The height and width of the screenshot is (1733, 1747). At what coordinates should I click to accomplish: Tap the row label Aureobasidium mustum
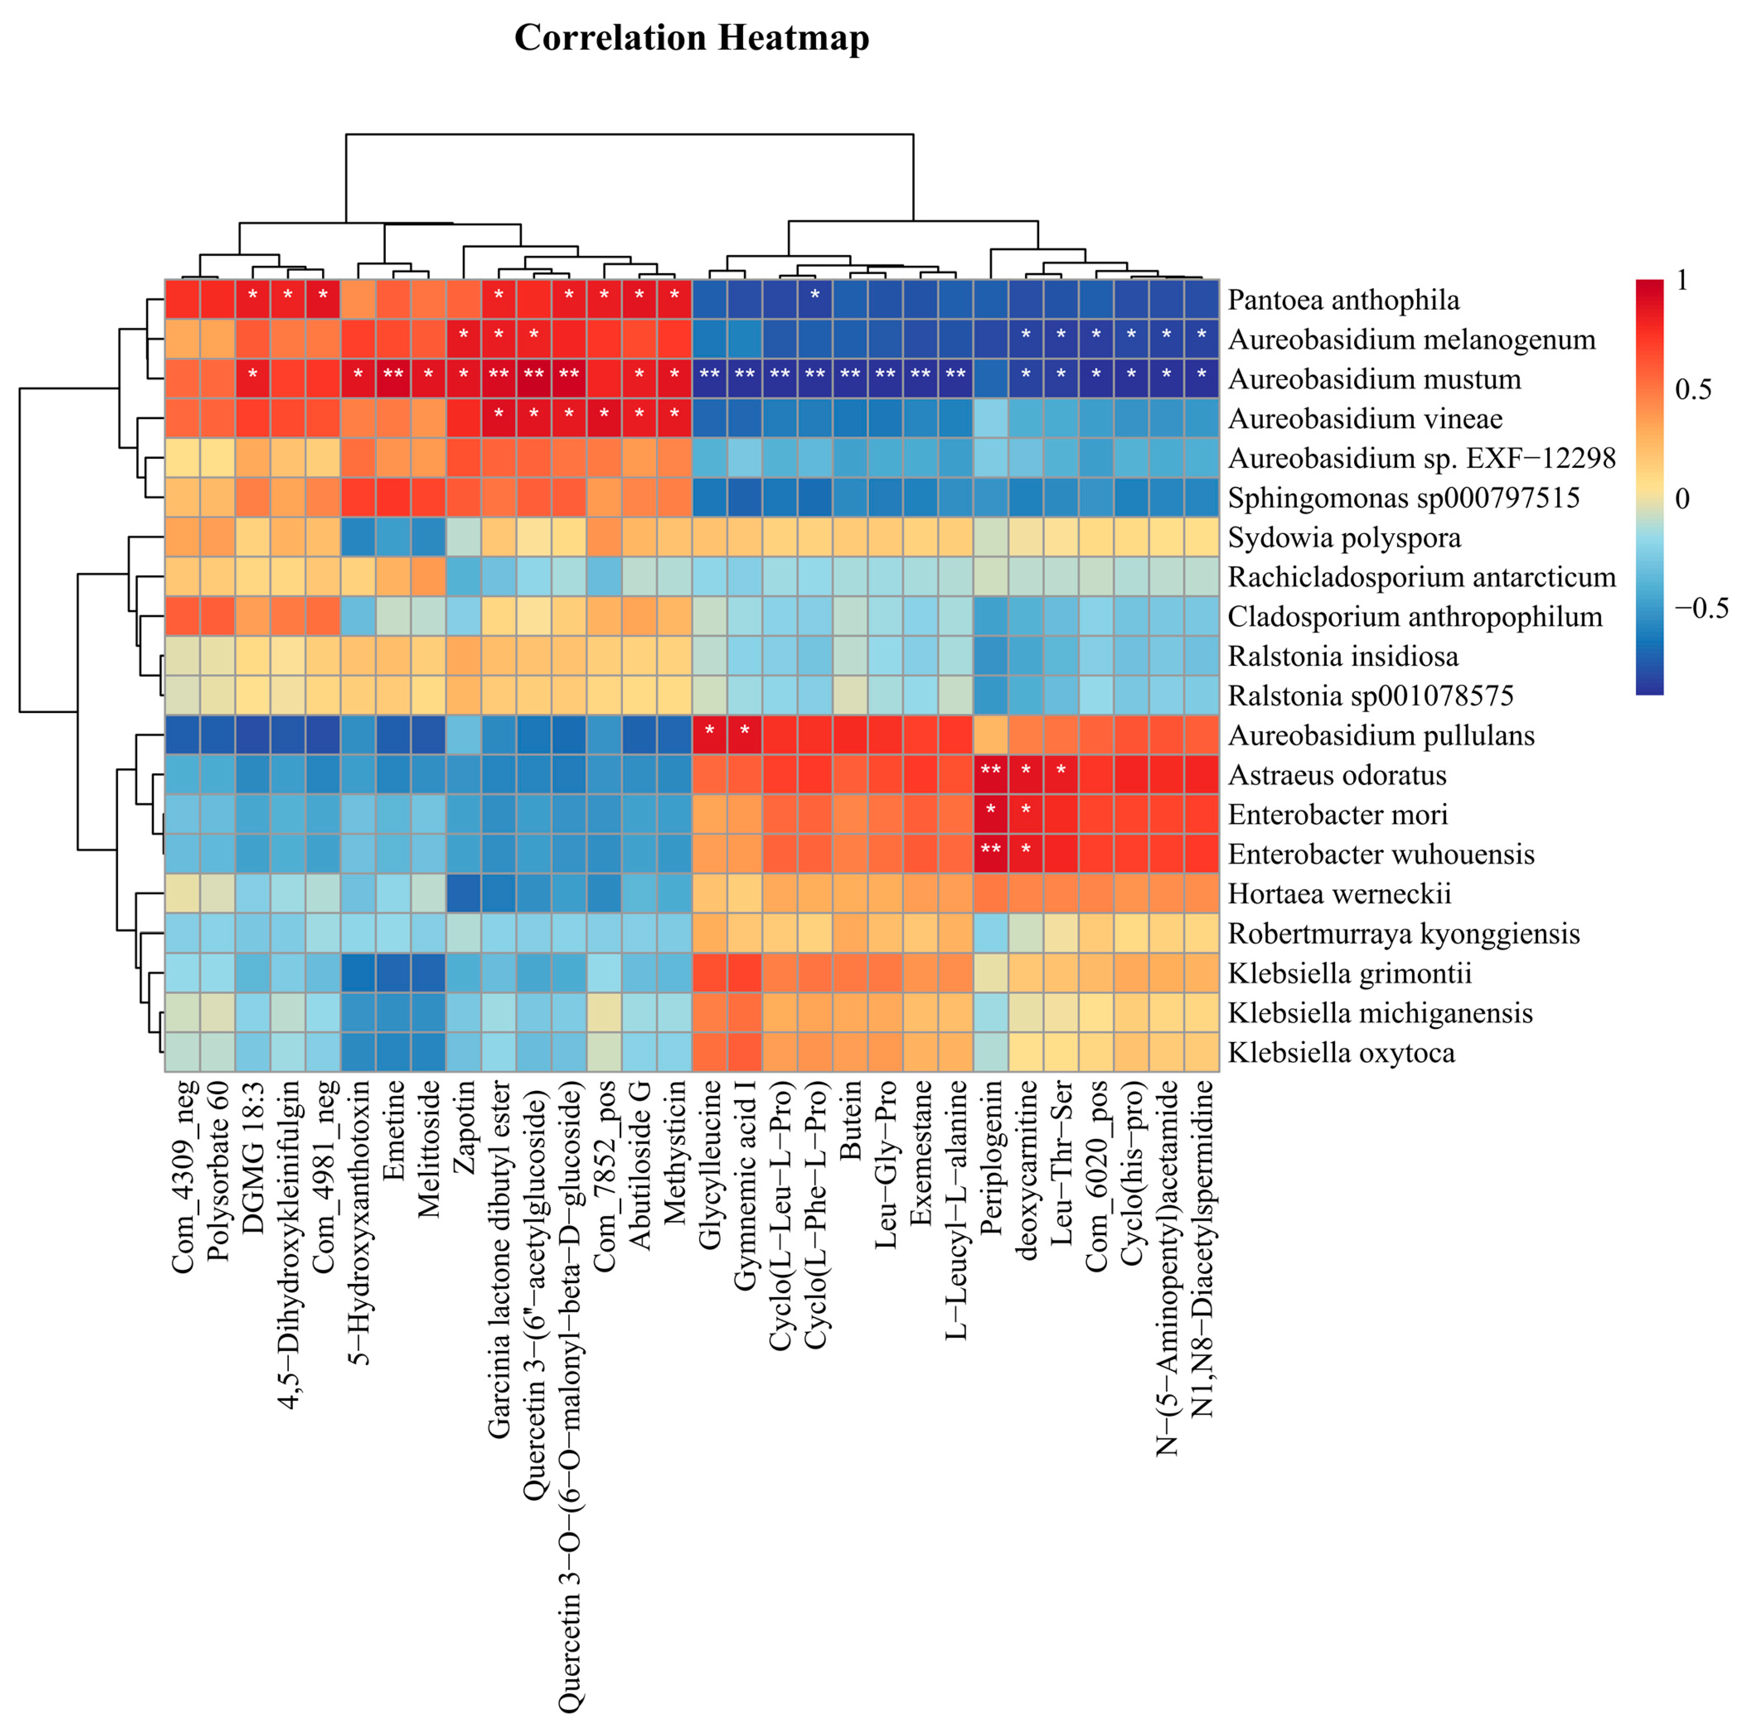[1373, 379]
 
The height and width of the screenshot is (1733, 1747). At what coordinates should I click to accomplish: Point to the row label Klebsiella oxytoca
[1341, 1053]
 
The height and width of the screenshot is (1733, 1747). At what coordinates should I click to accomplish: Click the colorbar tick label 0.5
[1693, 390]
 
